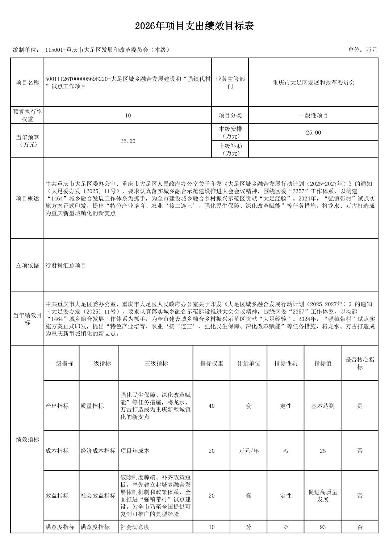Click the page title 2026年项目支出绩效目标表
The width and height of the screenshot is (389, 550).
[194, 26]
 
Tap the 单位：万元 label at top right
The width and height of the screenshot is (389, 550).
[362, 50]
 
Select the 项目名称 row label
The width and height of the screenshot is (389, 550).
[27, 82]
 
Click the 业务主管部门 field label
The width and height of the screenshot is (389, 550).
[230, 82]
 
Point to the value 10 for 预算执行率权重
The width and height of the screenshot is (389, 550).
[128, 115]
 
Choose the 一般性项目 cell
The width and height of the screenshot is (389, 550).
[313, 115]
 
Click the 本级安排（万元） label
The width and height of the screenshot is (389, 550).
[230, 132]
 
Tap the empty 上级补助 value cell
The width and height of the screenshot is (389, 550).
[313, 149]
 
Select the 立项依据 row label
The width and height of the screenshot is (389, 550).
[27, 266]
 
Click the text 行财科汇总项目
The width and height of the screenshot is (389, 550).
[66, 266]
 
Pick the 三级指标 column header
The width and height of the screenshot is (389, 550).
[156, 363]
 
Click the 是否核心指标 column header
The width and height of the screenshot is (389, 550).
[360, 363]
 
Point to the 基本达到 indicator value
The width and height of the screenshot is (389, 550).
[323, 406]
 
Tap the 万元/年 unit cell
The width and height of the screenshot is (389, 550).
[249, 451]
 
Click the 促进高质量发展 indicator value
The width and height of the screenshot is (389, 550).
[323, 496]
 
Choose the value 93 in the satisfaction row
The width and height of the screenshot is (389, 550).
[323, 527]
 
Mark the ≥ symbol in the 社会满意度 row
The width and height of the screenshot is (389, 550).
[286, 527]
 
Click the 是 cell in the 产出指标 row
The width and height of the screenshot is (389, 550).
[360, 406]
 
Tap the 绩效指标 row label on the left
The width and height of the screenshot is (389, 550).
[27, 440]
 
